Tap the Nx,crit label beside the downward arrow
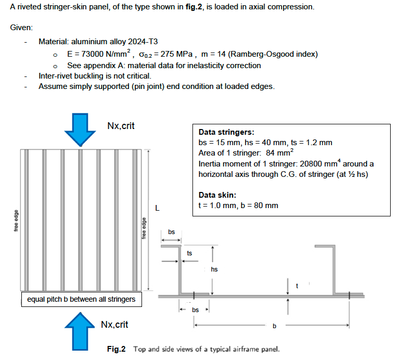tap(121, 126)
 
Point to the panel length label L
tap(157, 209)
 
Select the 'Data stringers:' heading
tap(226, 132)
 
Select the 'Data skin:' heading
tap(217, 195)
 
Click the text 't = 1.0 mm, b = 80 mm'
tap(238, 205)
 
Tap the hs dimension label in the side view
tap(214, 269)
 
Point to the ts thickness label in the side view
tap(189, 253)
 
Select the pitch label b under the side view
tap(274, 326)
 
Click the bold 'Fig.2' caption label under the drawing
tap(116, 349)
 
